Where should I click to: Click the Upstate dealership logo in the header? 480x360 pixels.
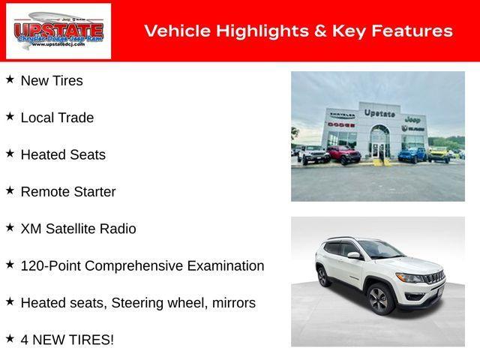pyautogui.click(x=58, y=31)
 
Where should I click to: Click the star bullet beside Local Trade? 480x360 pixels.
pyautogui.click(x=10, y=116)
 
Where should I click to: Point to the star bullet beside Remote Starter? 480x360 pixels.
pyautogui.click(x=10, y=190)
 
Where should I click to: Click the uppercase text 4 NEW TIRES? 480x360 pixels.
pyautogui.click(x=67, y=340)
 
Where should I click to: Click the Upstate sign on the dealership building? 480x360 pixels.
pyautogui.click(x=379, y=112)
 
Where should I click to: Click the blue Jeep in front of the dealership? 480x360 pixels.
pyautogui.click(x=411, y=154)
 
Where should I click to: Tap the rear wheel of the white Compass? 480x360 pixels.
pyautogui.click(x=323, y=275)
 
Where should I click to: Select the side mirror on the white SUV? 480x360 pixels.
pyautogui.click(x=353, y=255)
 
